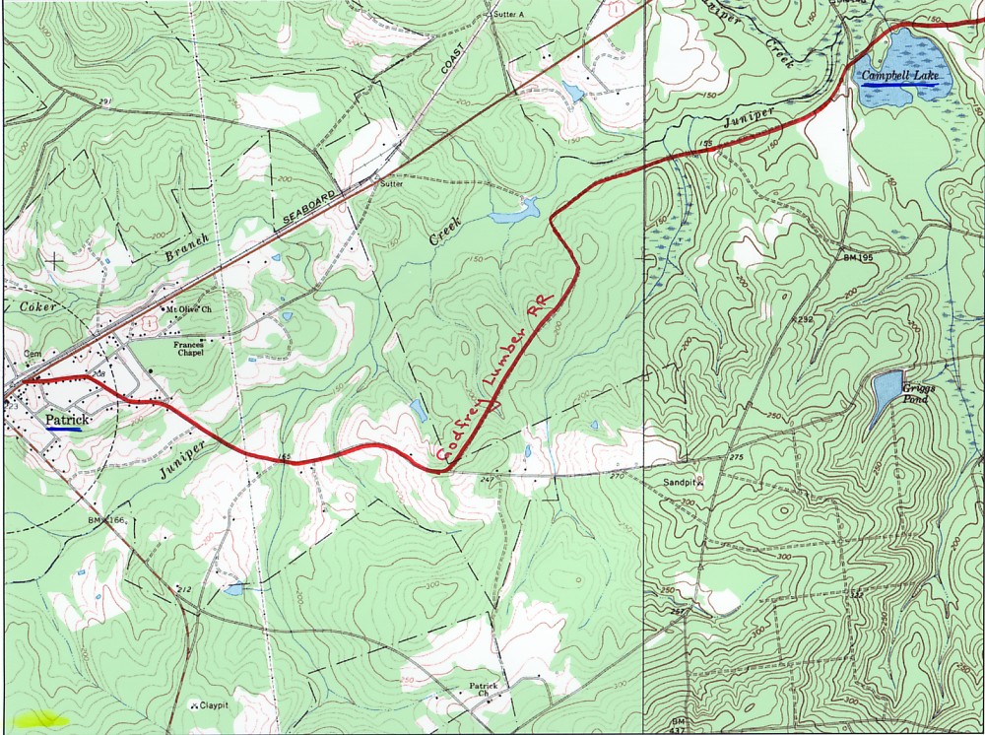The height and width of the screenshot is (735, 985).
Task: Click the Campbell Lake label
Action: (x=899, y=76)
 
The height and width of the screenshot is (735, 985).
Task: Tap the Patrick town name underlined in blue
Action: (x=65, y=419)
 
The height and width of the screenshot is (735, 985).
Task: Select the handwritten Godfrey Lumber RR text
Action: (x=496, y=380)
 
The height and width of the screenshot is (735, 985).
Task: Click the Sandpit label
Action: (x=680, y=483)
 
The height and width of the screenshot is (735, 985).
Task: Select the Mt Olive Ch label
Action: (x=189, y=308)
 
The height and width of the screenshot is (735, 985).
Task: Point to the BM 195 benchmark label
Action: (x=859, y=256)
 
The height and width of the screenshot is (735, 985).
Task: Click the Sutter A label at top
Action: (x=508, y=15)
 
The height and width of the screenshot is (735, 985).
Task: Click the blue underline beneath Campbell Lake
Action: (x=899, y=86)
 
